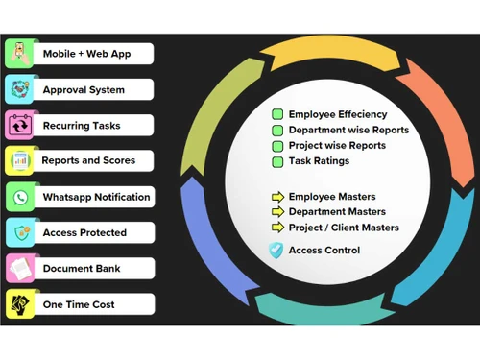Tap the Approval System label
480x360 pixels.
[x=84, y=89]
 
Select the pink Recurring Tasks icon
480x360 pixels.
[x=20, y=125]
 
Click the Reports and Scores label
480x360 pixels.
[x=88, y=160]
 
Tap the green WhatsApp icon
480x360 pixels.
[x=20, y=197]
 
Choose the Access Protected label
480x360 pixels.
[x=84, y=232]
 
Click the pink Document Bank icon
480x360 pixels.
[x=20, y=268]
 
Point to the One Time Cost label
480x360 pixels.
[x=79, y=303]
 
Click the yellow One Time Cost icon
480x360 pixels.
[x=20, y=303]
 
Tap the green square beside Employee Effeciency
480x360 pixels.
[x=277, y=114]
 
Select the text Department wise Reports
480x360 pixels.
[x=348, y=130]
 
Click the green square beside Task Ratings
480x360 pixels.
[x=277, y=161]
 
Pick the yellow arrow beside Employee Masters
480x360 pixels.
[x=277, y=196]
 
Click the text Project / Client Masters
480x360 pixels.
[x=344, y=228]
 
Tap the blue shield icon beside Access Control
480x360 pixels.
[x=276, y=251]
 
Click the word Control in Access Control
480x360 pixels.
[x=341, y=251]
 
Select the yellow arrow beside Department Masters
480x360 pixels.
[x=277, y=212]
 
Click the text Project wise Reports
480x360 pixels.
[x=337, y=145]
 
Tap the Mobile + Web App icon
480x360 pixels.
[x=20, y=54]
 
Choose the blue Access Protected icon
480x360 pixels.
[x=20, y=232]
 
